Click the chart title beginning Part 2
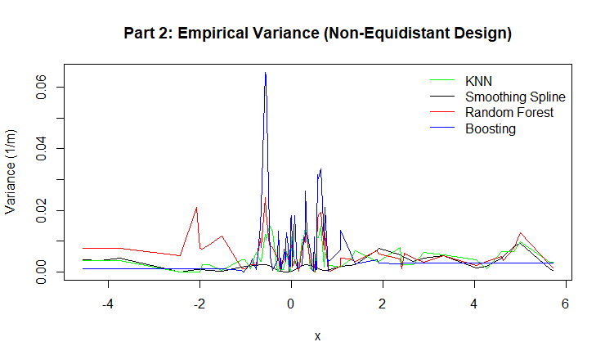[317, 34]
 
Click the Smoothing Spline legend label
[515, 97]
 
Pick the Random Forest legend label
[509, 112]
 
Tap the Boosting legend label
[491, 128]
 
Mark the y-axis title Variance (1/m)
[11, 172]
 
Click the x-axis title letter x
[317, 336]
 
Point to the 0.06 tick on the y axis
[38, 87]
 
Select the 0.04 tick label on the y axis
[38, 148]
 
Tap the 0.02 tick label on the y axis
[38, 210]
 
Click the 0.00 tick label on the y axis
[38, 272]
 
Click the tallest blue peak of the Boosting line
[265, 73]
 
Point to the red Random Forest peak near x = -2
[197, 207]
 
